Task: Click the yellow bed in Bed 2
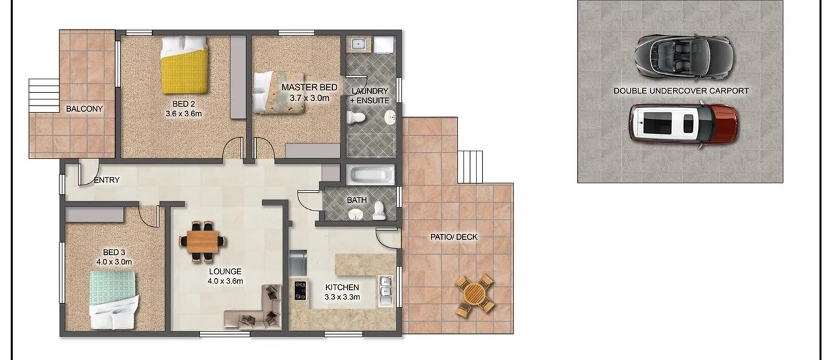tap(184, 65)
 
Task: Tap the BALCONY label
tap(84, 109)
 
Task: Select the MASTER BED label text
tap(309, 88)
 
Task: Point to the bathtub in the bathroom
tap(370, 175)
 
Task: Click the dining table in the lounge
tap(203, 242)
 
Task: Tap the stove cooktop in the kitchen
tap(300, 290)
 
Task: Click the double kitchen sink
tap(385, 291)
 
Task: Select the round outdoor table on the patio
tap(475, 296)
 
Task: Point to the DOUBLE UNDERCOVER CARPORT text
tap(681, 91)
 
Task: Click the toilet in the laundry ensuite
tap(356, 118)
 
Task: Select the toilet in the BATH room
tap(379, 211)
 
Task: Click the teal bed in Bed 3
tap(114, 300)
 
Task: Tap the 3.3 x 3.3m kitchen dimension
tap(342, 297)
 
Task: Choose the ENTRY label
tap(107, 181)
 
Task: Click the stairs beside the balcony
tap(44, 96)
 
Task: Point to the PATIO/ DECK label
tap(454, 237)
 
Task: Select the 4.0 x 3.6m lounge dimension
tap(226, 281)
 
